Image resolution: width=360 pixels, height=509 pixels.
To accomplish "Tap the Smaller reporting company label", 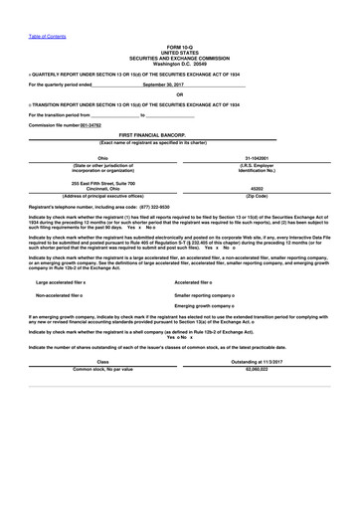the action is [209, 296].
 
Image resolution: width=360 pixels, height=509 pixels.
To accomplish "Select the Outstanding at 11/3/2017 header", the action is [258, 360].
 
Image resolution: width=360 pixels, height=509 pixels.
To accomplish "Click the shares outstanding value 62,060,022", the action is [258, 368].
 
